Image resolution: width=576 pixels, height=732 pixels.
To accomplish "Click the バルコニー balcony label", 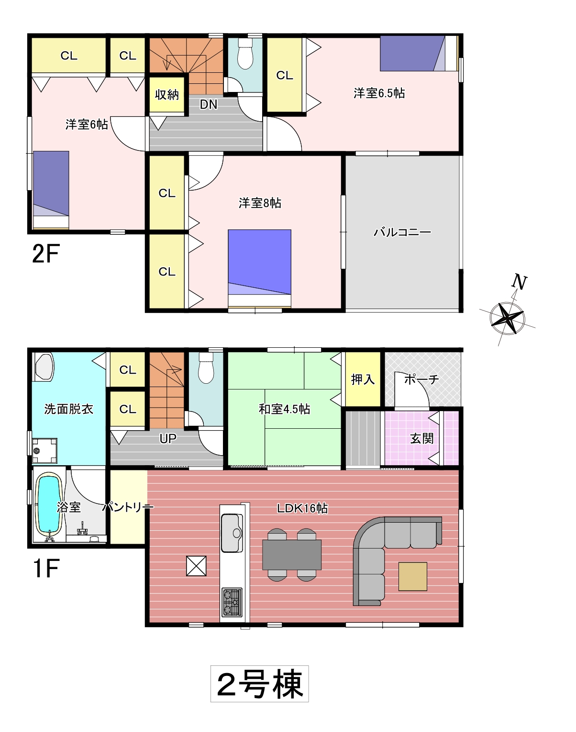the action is [x=402, y=232].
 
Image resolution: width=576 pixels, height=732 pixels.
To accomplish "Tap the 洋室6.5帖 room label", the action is [x=379, y=93].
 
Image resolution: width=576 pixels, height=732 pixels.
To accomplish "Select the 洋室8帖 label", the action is [x=260, y=203].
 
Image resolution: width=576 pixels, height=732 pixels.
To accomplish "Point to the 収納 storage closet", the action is [x=167, y=95].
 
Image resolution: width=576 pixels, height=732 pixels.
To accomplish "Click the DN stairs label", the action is [x=208, y=104].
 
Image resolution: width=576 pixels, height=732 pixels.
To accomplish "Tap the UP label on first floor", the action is [x=168, y=439].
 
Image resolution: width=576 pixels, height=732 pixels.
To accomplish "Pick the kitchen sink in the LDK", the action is [x=232, y=533].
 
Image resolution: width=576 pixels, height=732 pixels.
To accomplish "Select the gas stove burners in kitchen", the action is [x=232, y=602].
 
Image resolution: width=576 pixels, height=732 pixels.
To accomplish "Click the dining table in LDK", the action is [x=292, y=555].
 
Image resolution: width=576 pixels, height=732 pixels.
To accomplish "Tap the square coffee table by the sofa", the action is [x=413, y=577].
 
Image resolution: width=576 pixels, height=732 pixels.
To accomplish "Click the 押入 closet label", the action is [x=363, y=379].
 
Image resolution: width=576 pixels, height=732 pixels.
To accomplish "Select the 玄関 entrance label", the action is [x=422, y=439].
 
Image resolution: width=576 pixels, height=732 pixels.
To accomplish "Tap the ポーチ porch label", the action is [x=421, y=379].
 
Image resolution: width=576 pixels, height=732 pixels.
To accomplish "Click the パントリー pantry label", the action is [x=128, y=507].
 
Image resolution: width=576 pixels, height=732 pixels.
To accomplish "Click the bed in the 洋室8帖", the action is [x=260, y=268].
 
